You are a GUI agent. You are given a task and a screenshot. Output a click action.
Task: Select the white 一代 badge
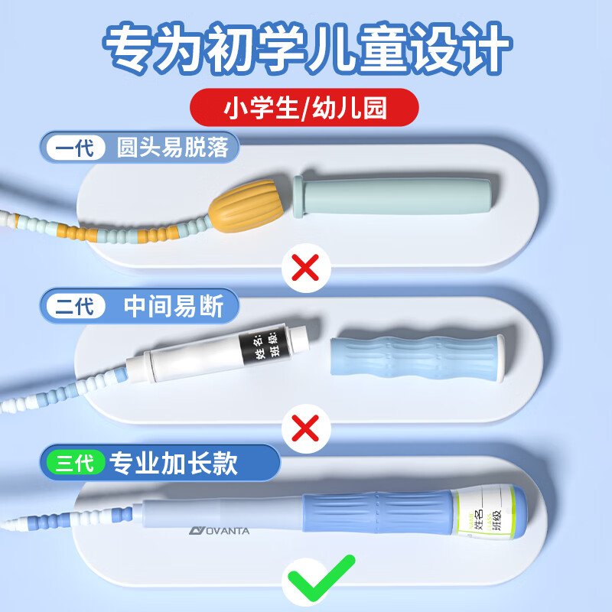point(75,147)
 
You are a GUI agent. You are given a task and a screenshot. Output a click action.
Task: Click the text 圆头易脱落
point(172,147)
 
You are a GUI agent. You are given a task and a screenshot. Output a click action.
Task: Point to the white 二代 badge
point(75,308)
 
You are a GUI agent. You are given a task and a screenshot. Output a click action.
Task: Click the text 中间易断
point(174,308)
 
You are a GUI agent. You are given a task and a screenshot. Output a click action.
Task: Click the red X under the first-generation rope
point(307,268)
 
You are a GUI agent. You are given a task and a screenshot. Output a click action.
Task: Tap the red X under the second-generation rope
point(306,429)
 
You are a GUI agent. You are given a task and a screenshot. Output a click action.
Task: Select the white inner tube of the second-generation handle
point(191,359)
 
